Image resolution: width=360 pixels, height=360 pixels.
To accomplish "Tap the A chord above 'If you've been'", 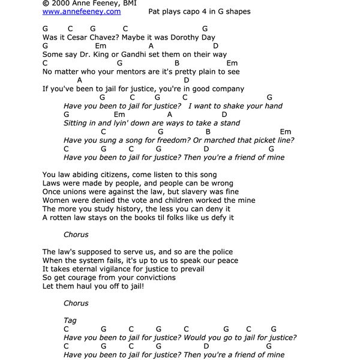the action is pyautogui.click(x=79, y=80).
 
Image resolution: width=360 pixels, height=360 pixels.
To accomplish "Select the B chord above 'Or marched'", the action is pyautogui.click(x=208, y=131).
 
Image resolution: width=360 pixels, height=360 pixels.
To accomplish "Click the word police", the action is pyautogui.click(x=221, y=252).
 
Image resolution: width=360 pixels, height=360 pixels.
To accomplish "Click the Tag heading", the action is pyautogui.click(x=70, y=320).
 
